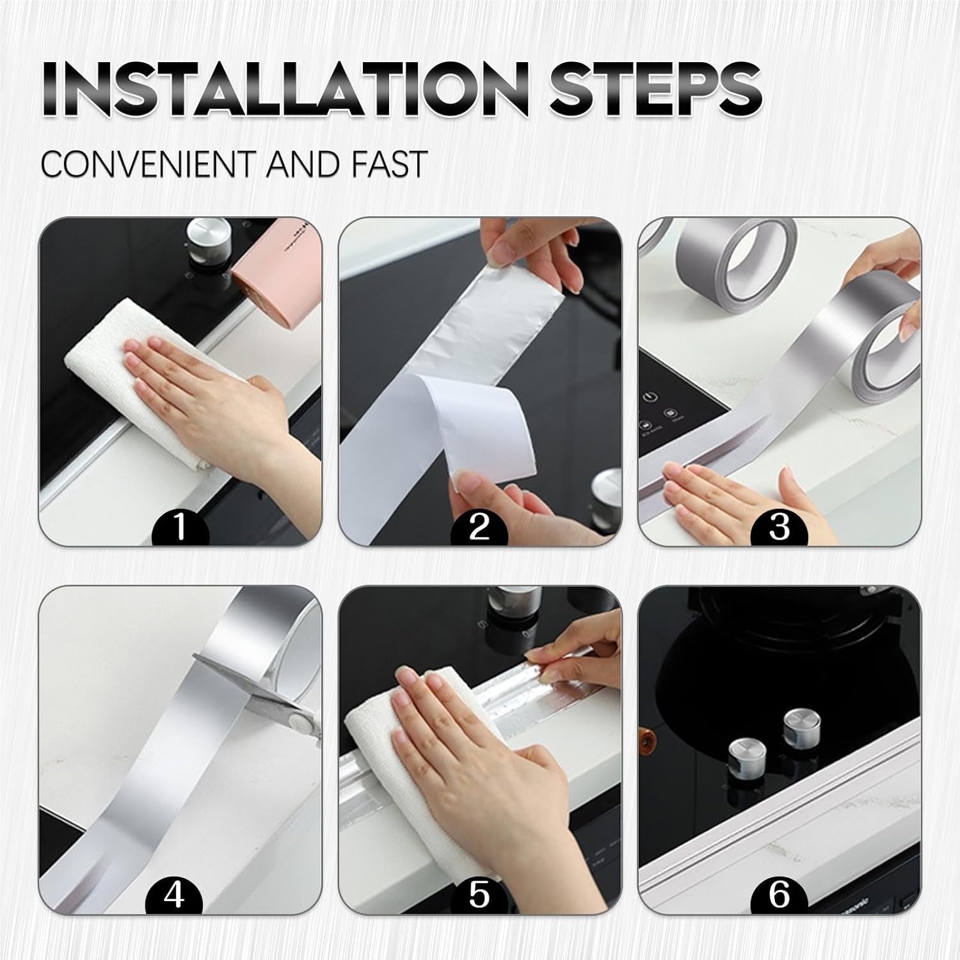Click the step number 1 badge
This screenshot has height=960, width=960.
(180, 527)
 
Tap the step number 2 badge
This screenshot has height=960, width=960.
(479, 527)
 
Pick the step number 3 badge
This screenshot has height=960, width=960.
(779, 527)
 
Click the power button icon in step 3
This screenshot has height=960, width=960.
(651, 396)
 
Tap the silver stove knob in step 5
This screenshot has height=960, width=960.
(506, 605)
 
